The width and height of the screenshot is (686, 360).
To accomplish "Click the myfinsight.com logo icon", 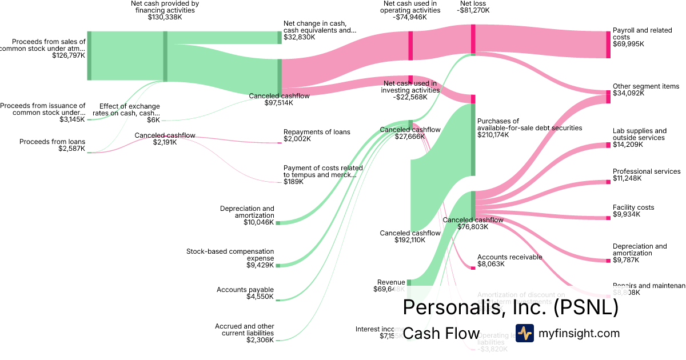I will [x=524, y=333].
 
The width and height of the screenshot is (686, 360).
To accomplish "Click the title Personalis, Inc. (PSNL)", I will [x=510, y=307].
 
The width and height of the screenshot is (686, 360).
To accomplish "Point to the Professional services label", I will [x=646, y=171].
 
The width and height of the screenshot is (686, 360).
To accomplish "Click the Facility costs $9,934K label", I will [x=633, y=211].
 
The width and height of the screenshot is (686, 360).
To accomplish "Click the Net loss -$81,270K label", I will [x=474, y=7].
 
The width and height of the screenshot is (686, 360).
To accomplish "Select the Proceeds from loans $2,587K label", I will [x=52, y=145].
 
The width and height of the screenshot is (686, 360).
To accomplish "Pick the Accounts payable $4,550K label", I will [x=245, y=294].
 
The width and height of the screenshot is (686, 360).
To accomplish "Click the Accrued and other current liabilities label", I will [x=244, y=333].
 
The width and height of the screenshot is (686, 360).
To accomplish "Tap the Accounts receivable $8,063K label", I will [x=509, y=261].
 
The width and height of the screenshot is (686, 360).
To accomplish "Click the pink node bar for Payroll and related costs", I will [x=608, y=45].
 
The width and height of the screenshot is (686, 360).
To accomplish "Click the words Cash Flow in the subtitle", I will [x=441, y=333].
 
